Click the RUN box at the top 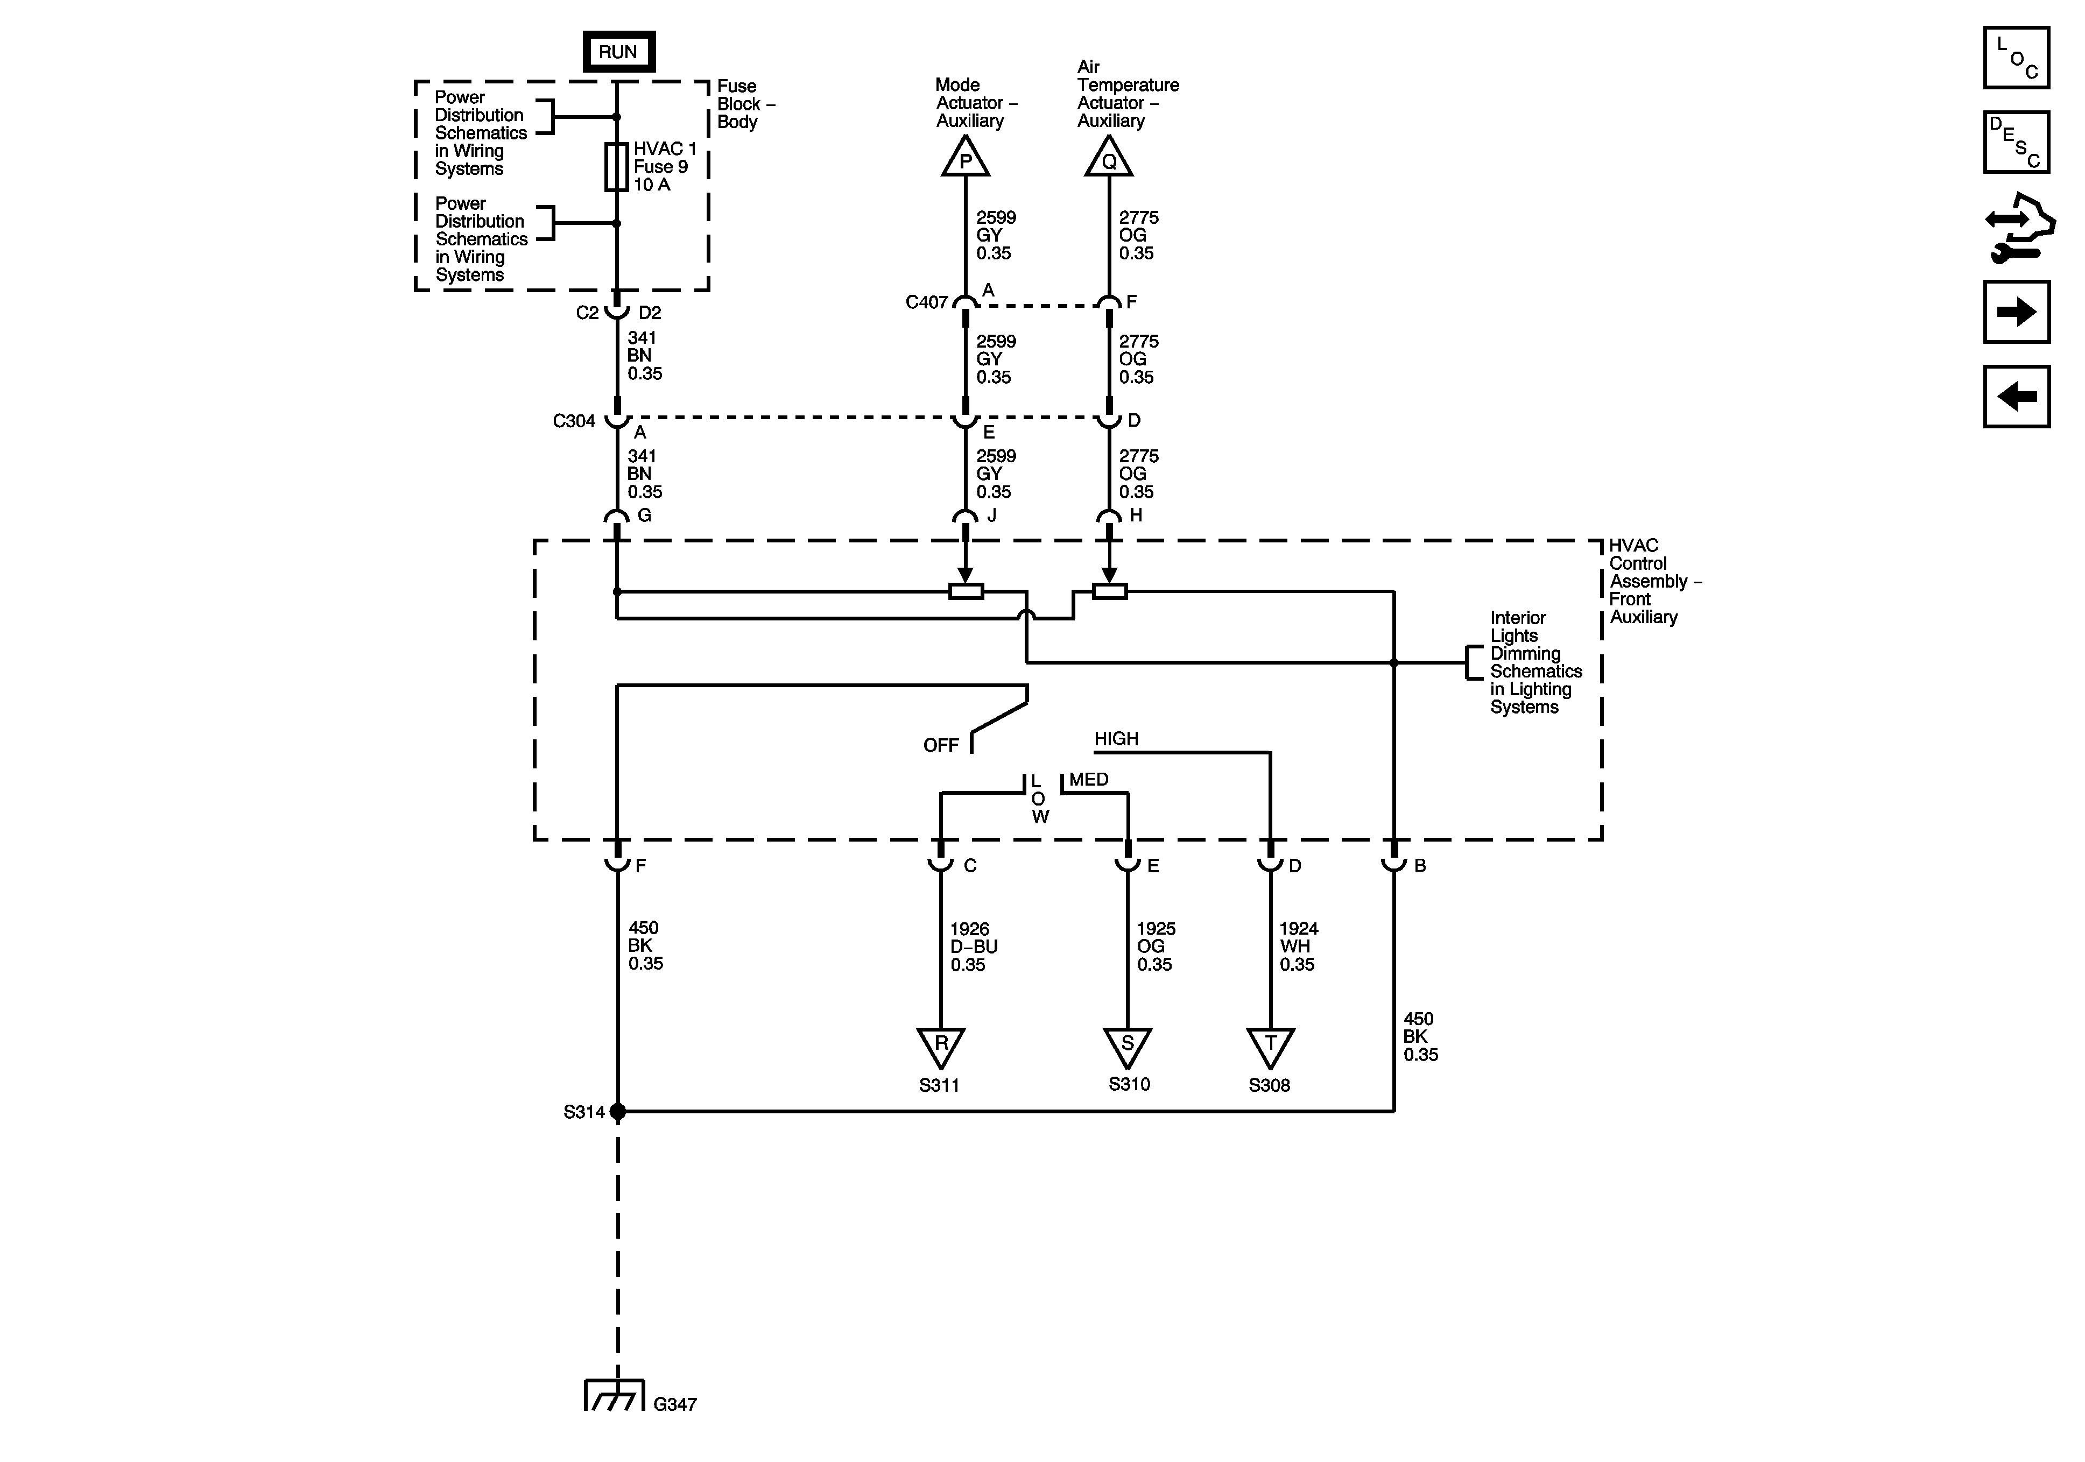pos(617,52)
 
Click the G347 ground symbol pos(614,1396)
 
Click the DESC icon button pos(2016,142)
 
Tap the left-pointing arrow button pos(2016,397)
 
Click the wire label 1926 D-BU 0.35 pos(974,946)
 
